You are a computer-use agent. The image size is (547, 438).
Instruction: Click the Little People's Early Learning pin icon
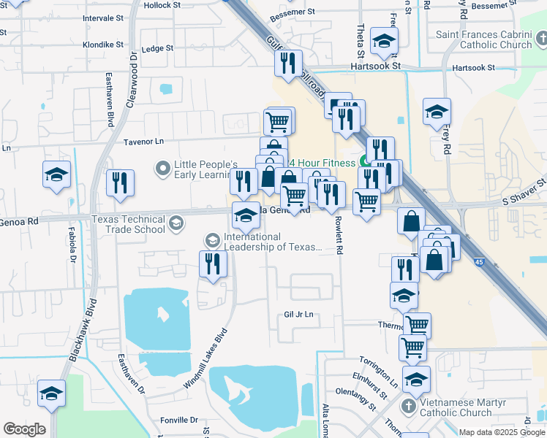tap(162, 169)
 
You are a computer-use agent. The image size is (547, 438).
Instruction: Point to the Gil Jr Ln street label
tap(298, 315)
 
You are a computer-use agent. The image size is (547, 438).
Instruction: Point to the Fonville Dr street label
tap(179, 420)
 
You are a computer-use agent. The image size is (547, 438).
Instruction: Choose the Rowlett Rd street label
tap(339, 235)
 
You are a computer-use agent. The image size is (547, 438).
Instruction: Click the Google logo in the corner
tap(24, 429)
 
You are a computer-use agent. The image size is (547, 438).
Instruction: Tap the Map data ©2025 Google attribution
tap(502, 432)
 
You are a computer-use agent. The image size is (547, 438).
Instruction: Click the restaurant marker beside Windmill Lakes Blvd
tap(213, 264)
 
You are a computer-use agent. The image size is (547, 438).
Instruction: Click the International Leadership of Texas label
tap(273, 242)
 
